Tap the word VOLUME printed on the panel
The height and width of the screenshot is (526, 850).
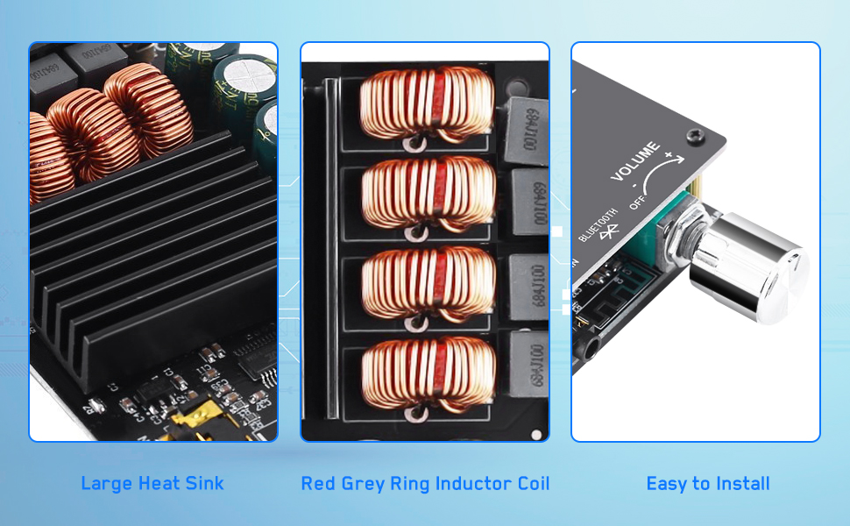635,163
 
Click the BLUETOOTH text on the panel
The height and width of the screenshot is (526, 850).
598,224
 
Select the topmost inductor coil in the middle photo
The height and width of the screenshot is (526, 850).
428,103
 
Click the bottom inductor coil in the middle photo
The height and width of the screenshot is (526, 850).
428,375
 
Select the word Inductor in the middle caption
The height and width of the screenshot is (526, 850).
456,483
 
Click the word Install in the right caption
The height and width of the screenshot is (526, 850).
741,483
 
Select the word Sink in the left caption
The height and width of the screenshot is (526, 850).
206,483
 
